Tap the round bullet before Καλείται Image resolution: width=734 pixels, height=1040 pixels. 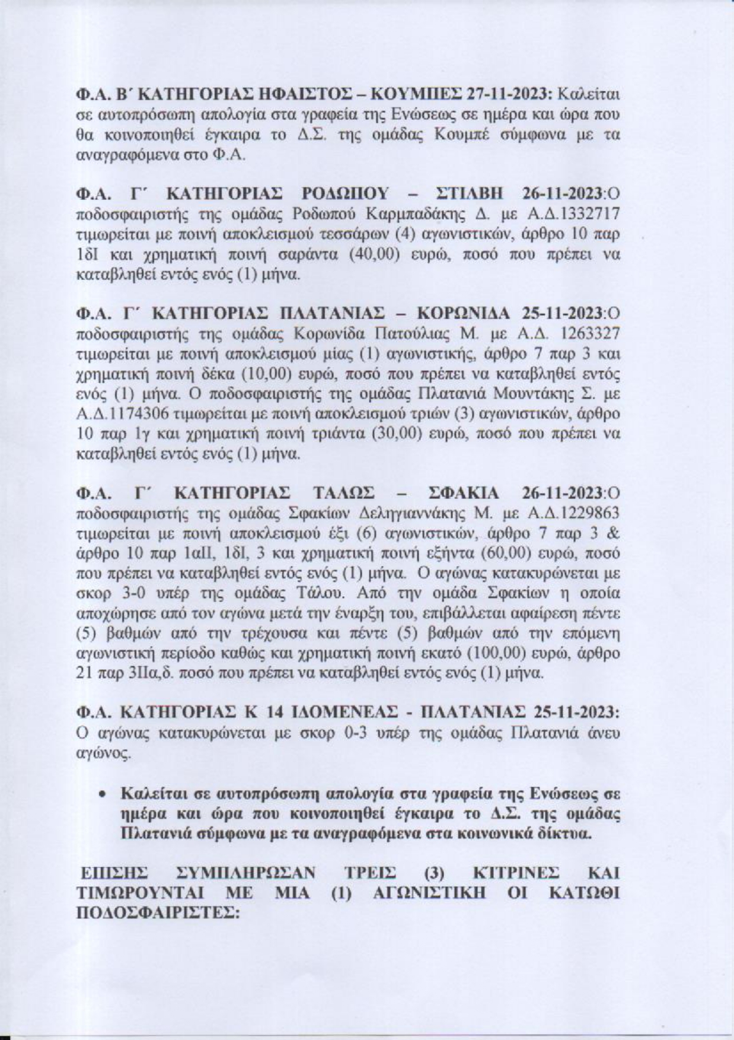[x=104, y=794]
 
